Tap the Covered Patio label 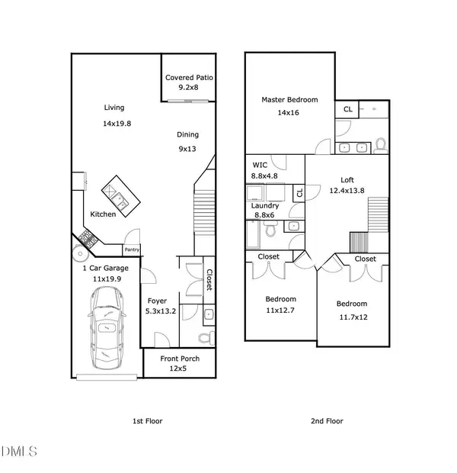click(x=190, y=78)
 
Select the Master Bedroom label click(x=289, y=100)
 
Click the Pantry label click(x=132, y=249)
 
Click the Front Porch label click(x=179, y=359)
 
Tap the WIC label click(x=259, y=165)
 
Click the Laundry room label click(x=265, y=206)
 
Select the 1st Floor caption click(x=147, y=421)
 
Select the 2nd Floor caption click(x=328, y=421)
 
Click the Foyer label click(x=157, y=301)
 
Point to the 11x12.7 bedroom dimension click(x=280, y=311)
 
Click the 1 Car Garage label click(x=105, y=269)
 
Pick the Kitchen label click(x=104, y=214)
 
